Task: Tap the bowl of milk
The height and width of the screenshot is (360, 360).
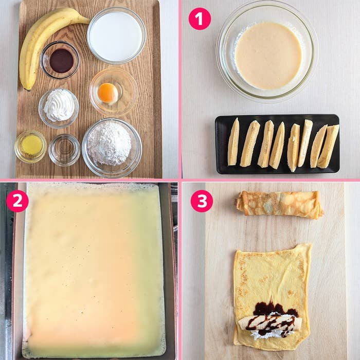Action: click(116, 35)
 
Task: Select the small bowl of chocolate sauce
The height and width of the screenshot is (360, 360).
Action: click(60, 60)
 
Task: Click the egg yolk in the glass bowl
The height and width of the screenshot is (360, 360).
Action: click(107, 93)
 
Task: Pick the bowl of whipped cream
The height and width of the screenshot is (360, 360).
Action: click(59, 108)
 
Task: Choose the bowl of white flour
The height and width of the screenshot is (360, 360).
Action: click(112, 148)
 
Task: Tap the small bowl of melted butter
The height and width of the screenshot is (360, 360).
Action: click(30, 147)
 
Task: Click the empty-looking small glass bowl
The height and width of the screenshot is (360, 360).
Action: click(64, 150)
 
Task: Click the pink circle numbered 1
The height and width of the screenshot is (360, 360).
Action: click(200, 19)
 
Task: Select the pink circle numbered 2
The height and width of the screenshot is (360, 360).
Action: click(17, 201)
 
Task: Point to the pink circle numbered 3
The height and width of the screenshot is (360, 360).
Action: click(202, 201)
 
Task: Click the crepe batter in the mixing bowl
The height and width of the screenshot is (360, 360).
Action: click(268, 56)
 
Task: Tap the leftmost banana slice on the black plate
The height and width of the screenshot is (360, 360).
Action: click(233, 141)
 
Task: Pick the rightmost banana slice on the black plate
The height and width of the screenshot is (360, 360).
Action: click(328, 146)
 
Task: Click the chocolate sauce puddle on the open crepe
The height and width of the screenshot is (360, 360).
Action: click(273, 309)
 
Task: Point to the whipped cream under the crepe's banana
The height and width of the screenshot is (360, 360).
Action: click(264, 334)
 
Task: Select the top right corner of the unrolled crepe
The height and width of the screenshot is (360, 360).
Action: click(312, 244)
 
